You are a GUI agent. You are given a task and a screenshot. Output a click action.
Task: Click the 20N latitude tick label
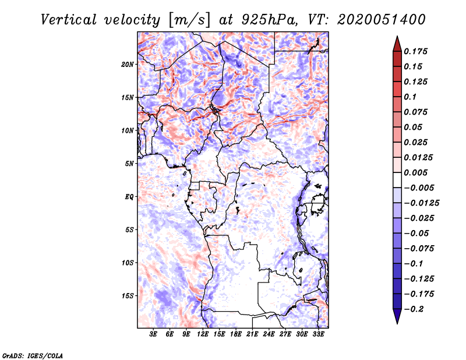[x=128, y=64]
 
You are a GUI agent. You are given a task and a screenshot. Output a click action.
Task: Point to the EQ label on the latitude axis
[x=129, y=197]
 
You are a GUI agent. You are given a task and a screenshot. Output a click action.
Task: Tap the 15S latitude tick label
[x=128, y=296]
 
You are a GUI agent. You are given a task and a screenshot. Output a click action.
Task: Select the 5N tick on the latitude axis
[x=129, y=164]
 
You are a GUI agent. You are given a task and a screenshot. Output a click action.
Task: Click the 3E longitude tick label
[x=154, y=335]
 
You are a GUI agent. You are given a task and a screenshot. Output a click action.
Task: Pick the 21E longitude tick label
[x=252, y=335]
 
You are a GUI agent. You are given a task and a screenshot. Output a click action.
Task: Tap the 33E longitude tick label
[x=318, y=335]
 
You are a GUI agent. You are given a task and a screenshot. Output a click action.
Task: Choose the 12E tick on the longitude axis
[x=203, y=335]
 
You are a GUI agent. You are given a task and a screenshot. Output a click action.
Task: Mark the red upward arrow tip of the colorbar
[x=397, y=38]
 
